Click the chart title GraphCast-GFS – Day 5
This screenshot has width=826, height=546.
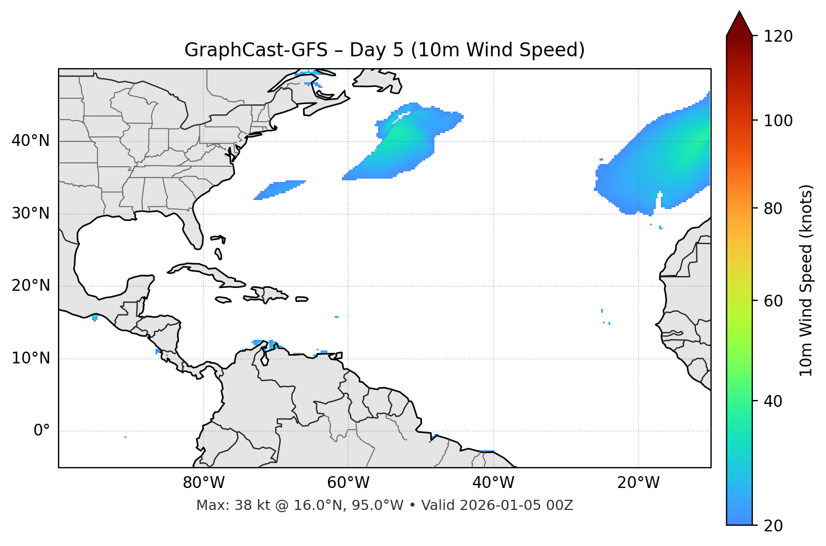pos(384,50)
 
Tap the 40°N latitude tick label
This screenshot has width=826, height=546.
pos(30,141)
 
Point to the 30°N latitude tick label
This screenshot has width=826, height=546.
pos(30,214)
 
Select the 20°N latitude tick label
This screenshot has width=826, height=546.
pos(30,286)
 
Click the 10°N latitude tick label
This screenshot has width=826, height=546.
pos(30,358)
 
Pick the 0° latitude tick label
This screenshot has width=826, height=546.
pos(41,431)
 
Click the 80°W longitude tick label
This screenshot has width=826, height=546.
pos(203,483)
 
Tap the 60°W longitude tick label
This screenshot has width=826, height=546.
pos(348,483)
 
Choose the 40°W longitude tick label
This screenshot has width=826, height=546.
pos(493,483)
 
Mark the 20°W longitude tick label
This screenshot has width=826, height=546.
pos(638,483)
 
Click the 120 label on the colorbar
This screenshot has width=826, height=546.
pos(778,36)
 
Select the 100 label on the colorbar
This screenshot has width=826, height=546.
pos(778,121)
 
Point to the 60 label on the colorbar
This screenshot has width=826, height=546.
pos(774,301)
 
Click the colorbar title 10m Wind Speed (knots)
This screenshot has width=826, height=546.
pos(806,280)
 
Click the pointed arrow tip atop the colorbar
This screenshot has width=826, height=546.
pos(739,14)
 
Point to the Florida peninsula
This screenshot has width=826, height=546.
pos(193,228)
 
